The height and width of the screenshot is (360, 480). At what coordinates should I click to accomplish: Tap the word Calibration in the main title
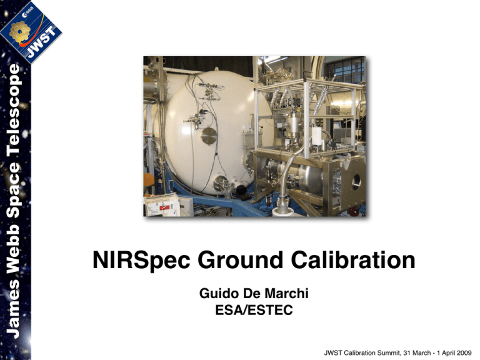pyautogui.click(x=356, y=260)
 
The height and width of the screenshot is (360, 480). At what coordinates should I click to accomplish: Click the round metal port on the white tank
pyautogui.click(x=210, y=136)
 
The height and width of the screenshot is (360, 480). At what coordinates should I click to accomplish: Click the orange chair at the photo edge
pyautogui.click(x=147, y=182)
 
